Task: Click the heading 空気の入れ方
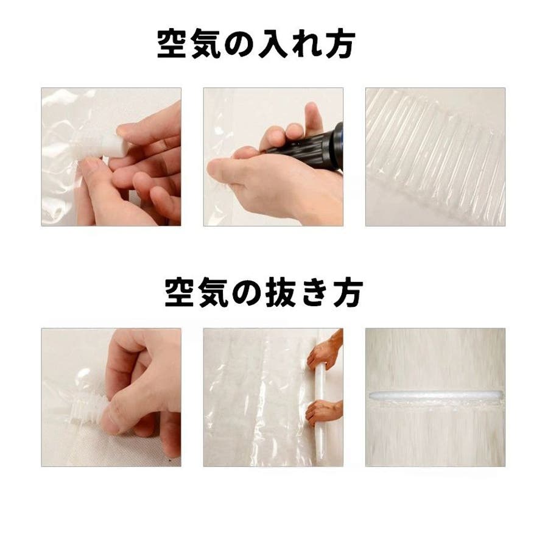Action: [256, 44]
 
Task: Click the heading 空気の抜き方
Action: [264, 292]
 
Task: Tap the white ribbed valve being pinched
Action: [86, 408]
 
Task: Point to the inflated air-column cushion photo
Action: [435, 156]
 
